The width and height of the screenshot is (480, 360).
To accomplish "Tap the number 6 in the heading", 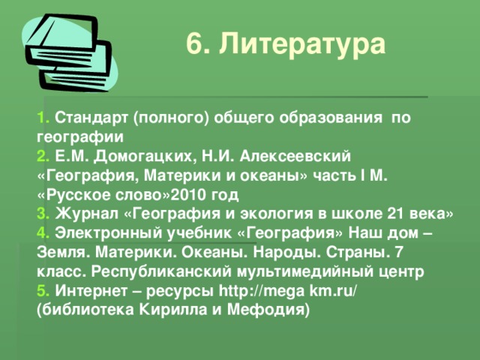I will click(194, 45).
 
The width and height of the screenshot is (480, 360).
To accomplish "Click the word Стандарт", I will click(93, 118).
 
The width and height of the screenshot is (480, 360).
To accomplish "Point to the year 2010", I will click(187, 196).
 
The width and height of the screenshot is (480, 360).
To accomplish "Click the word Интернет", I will click(92, 290).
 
